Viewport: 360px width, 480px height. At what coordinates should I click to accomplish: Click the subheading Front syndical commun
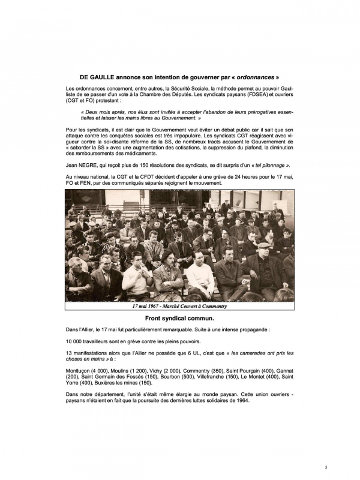[x=180, y=318]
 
